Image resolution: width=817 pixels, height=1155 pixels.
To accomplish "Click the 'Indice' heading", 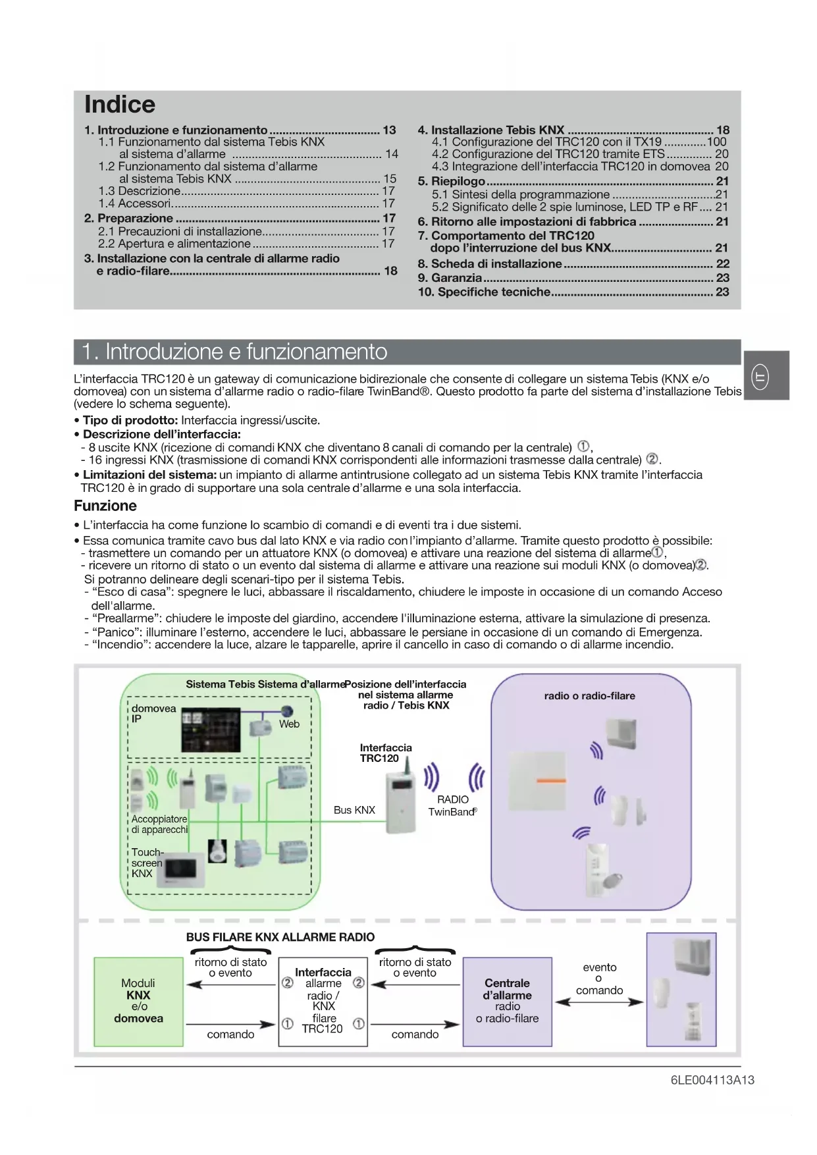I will click(x=120, y=105).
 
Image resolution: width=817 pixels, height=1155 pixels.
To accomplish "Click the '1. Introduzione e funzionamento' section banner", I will click(x=234, y=352).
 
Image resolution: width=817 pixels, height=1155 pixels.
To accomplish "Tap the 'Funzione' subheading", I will click(x=105, y=506).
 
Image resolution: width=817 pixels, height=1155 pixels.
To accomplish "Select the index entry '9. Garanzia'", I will click(x=450, y=278).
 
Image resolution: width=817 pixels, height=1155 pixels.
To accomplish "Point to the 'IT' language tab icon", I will click(x=760, y=377).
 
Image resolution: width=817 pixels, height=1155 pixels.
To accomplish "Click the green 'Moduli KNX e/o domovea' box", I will click(x=138, y=1001).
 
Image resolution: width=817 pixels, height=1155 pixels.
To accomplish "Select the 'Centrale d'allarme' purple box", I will click(x=507, y=1001).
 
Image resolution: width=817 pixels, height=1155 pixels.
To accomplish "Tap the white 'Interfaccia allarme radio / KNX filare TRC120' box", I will click(x=323, y=1001).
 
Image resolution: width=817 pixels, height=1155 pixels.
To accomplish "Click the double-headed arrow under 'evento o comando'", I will click(x=599, y=1002).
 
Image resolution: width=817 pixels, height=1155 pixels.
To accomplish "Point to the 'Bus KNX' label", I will click(x=354, y=810).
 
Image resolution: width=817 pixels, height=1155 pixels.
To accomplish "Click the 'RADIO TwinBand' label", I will click(x=452, y=805).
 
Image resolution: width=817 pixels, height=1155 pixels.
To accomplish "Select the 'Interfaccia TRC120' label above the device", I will click(x=386, y=753).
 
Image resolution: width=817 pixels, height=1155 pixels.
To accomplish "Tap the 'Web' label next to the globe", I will click(x=289, y=724).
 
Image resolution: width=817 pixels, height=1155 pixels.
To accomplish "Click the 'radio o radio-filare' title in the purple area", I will click(x=589, y=695).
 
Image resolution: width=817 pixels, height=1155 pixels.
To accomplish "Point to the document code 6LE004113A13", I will click(x=712, y=1080).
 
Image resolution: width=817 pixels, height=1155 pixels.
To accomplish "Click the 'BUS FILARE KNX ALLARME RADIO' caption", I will click(x=280, y=937).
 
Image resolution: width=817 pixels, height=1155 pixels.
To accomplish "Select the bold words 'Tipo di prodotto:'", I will click(x=130, y=420).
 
